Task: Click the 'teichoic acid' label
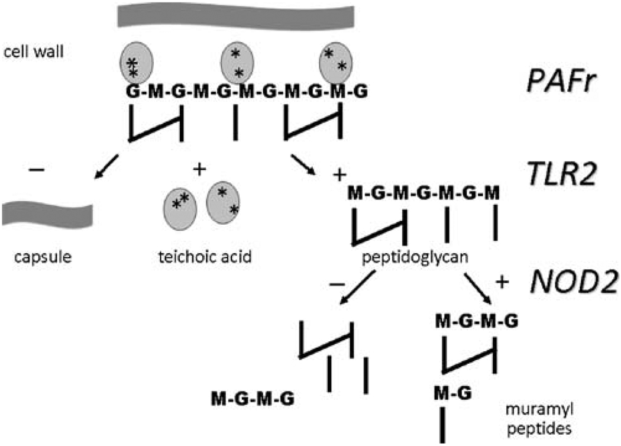point(199,258)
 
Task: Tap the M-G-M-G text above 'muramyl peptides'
point(477,322)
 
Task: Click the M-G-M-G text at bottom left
point(253,399)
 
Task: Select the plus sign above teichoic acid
point(200,170)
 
